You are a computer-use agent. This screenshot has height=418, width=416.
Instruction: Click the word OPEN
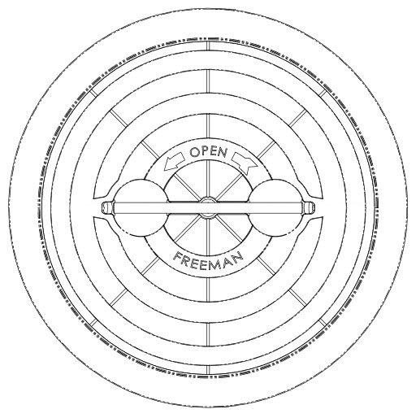tap(208, 152)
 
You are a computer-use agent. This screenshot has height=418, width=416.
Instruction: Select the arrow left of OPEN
tap(175, 161)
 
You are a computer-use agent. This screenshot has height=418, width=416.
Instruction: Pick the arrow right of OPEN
tap(245, 161)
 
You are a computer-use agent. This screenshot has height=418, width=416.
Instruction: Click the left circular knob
tap(141, 208)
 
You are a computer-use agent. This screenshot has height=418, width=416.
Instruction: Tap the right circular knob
tap(275, 208)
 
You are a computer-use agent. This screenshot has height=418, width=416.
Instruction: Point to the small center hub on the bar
tap(208, 208)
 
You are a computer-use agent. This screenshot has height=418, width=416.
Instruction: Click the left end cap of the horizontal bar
tap(108, 208)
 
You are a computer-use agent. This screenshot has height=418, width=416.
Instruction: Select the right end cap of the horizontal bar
tap(308, 208)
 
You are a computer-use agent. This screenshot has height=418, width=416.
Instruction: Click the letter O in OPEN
tap(194, 152)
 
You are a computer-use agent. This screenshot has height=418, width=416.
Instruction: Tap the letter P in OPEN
tap(205, 151)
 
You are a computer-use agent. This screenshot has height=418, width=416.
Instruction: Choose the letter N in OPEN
tap(223, 153)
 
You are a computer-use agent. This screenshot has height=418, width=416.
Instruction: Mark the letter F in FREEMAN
tap(177, 256)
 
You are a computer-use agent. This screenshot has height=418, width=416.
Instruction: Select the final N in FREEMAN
tap(237, 257)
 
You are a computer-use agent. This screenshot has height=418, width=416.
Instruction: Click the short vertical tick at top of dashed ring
tap(208, 46)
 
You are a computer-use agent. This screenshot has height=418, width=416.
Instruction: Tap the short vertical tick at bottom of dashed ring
tap(208, 369)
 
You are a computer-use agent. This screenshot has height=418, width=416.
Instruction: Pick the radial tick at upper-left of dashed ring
tap(93, 93)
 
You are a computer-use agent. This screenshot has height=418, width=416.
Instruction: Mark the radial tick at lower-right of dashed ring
tap(323, 323)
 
